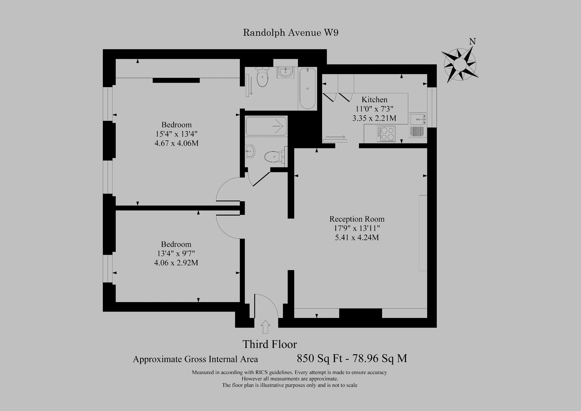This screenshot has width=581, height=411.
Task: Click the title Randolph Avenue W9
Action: pyautogui.click(x=290, y=33)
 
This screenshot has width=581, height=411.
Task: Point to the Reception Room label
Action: pyautogui.click(x=357, y=219)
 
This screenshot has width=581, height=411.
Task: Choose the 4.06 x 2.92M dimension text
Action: pyautogui.click(x=176, y=263)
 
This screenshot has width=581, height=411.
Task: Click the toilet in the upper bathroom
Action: pyautogui.click(x=262, y=77)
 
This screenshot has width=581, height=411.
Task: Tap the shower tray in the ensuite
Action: pyautogui.click(x=266, y=126)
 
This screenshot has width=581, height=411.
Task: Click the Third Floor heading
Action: pyautogui.click(x=270, y=344)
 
